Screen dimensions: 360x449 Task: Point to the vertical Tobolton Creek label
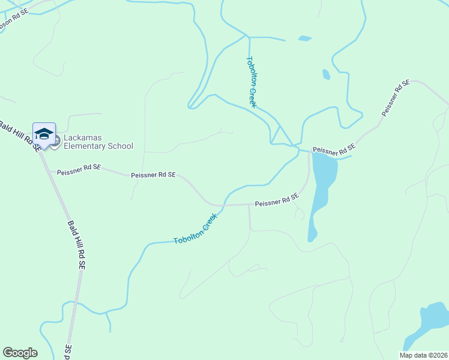252,82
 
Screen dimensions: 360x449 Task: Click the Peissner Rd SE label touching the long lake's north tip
334,149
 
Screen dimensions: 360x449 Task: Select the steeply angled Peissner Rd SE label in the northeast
395,98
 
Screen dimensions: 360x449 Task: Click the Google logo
20,353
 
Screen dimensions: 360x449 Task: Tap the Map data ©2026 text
423,355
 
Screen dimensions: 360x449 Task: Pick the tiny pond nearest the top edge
305,38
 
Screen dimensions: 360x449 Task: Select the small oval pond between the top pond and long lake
326,74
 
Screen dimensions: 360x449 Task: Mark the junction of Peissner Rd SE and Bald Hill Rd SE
40,153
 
